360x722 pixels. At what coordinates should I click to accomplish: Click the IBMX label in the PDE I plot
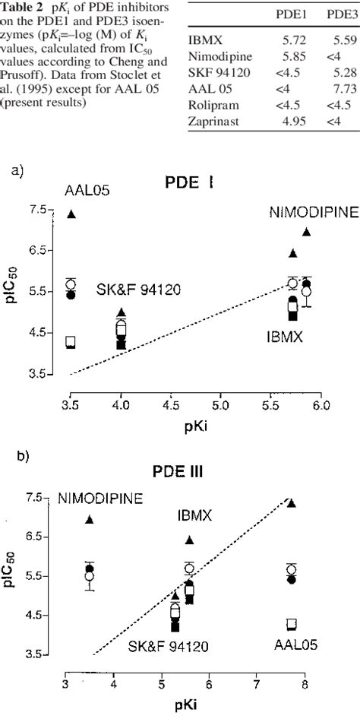pos(284,335)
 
